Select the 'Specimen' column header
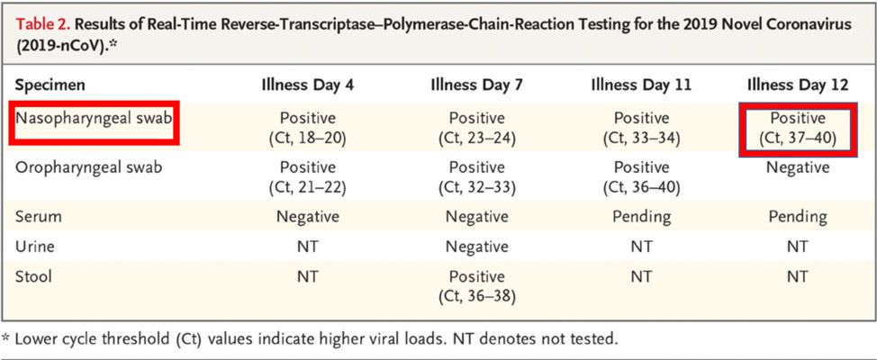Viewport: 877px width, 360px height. [50, 85]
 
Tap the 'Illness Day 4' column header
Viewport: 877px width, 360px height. [308, 85]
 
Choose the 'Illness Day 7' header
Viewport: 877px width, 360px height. [477, 85]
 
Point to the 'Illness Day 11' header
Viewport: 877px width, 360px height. [641, 85]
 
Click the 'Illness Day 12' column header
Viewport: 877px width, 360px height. [797, 85]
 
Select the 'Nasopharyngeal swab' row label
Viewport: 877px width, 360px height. [94, 119]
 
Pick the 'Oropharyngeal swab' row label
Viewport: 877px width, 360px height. [89, 168]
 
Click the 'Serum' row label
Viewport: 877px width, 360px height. [38, 216]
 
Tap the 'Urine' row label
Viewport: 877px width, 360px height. [36, 247]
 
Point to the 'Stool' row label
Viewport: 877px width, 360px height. [34, 276]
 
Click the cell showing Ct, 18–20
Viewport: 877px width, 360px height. [308, 129]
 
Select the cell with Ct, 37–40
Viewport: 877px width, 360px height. [797, 129]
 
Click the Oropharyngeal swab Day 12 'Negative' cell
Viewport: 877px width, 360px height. [797, 167]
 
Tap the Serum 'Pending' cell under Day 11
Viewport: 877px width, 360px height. [641, 216]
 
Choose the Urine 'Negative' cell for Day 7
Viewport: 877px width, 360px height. [477, 247]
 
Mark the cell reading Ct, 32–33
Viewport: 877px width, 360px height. [477, 178]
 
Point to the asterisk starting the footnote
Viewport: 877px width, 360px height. [6, 338]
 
